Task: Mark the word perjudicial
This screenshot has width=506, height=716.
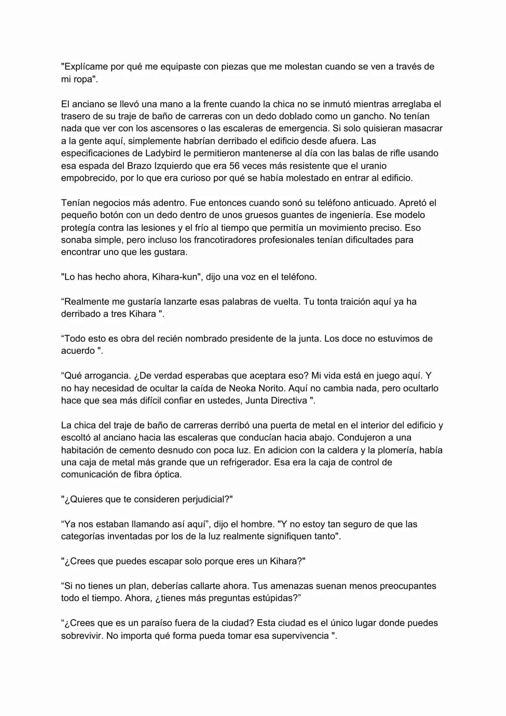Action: point(205,500)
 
